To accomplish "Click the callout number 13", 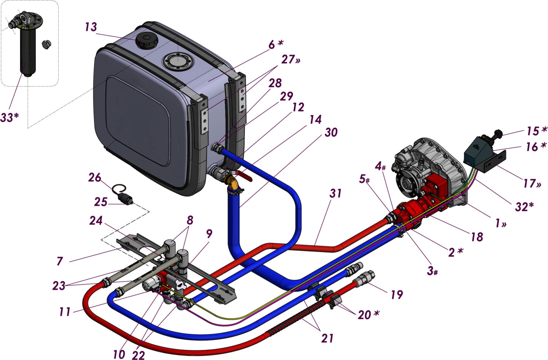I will pos(91,27).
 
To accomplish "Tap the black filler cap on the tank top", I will pos(147,40).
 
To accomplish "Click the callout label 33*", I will pos(9,117).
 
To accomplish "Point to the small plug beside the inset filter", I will pos(46,44).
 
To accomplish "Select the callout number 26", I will pos(94,177).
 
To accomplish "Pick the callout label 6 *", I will pos(276,44).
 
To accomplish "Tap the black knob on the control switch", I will pos(498,133).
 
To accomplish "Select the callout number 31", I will pos(336,193).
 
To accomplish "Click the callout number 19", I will pos(396,294).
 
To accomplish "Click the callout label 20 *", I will pos(368,314).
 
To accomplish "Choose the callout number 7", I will pos(60,261).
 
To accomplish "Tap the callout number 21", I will pos(327,338).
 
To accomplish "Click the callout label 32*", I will pos(524,207).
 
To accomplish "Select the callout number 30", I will pos(331,132).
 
